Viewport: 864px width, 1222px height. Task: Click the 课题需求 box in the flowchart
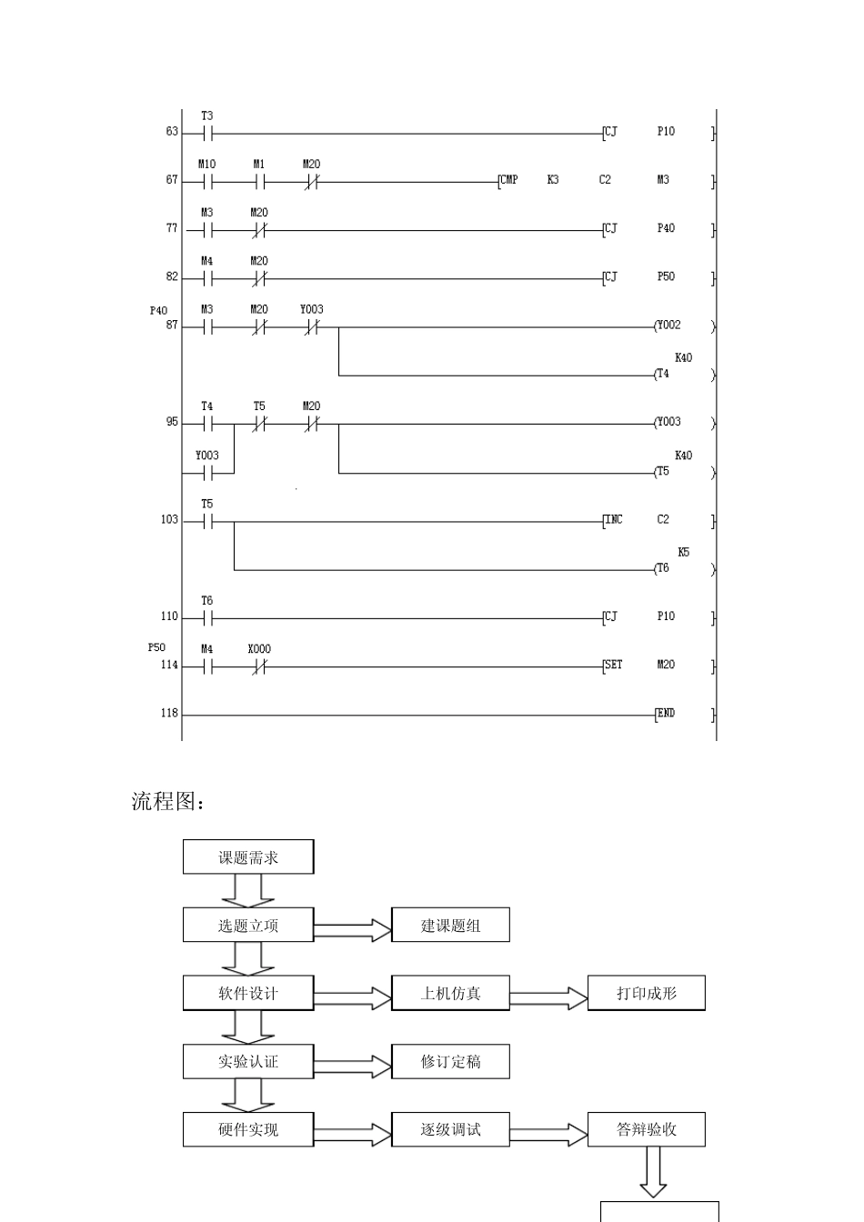pyautogui.click(x=248, y=856)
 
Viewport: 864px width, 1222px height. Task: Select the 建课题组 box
pyautogui.click(x=450, y=925)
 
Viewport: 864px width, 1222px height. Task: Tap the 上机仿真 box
pyautogui.click(x=450, y=993)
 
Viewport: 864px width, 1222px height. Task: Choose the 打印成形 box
pyautogui.click(x=646, y=993)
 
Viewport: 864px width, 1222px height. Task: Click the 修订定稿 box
pyautogui.click(x=450, y=1061)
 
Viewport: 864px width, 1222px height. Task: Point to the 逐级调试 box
pyautogui.click(x=450, y=1129)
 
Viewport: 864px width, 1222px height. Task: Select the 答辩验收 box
pyautogui.click(x=646, y=1129)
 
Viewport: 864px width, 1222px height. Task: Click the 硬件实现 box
pyautogui.click(x=248, y=1129)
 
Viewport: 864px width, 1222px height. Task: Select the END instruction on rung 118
pyautogui.click(x=666, y=714)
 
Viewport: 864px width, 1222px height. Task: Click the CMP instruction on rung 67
pyautogui.click(x=509, y=180)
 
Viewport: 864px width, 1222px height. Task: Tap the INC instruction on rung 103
pyautogui.click(x=614, y=520)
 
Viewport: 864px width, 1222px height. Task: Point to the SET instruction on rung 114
pyautogui.click(x=614, y=666)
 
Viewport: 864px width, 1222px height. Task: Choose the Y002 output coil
pyautogui.click(x=668, y=326)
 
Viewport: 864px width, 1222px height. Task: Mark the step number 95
pyautogui.click(x=172, y=423)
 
